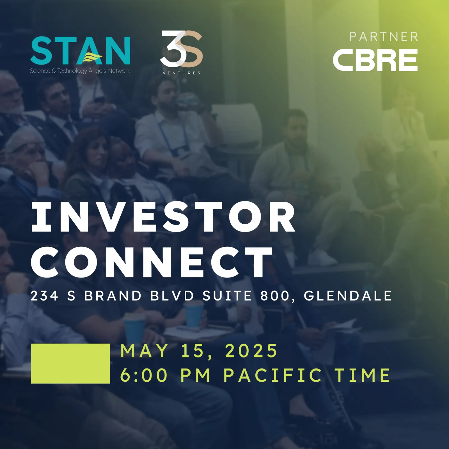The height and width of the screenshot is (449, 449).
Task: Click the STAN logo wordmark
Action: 80,51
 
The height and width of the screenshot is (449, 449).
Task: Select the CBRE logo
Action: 375,60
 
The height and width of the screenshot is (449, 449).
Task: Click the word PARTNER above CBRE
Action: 384,37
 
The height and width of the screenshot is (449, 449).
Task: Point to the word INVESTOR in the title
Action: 163,217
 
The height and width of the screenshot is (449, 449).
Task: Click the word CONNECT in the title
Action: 152,262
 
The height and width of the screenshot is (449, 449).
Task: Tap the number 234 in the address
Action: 44,296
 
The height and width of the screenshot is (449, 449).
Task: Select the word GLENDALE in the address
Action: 348,296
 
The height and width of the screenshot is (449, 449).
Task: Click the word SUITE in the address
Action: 227,296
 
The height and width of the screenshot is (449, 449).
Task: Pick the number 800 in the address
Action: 275,296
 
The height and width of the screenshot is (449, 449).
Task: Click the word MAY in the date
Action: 144,351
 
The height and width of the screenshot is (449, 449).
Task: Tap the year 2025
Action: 251,351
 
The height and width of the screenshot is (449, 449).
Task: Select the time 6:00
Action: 144,375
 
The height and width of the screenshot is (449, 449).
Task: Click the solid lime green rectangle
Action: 70,363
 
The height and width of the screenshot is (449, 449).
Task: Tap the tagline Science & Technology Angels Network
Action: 80,71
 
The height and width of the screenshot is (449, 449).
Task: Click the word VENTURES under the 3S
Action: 181,73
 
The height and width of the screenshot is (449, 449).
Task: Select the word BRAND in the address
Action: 113,296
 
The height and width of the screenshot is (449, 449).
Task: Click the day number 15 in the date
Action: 193,351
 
